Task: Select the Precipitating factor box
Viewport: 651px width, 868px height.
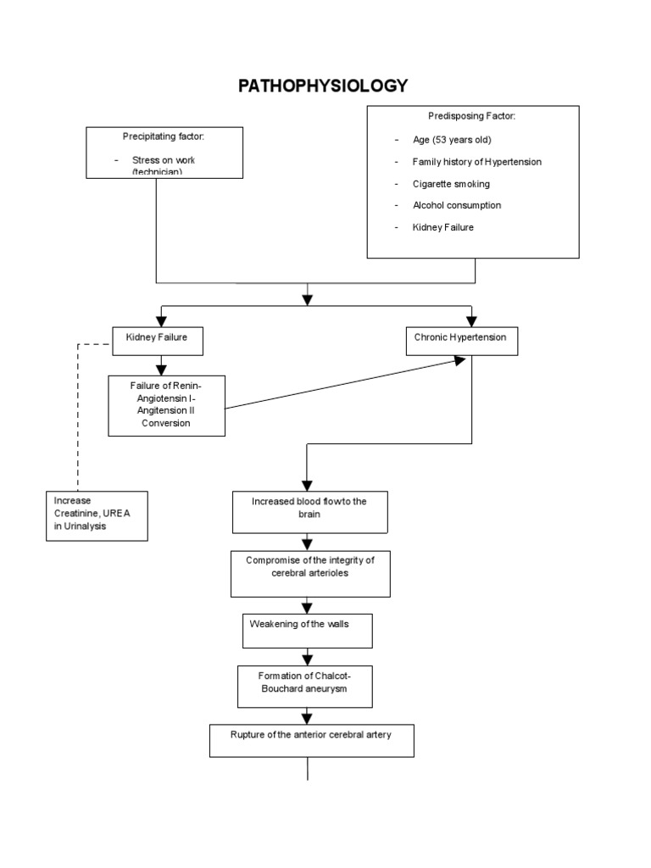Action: tap(164, 153)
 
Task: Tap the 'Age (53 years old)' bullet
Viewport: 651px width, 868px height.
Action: tap(452, 140)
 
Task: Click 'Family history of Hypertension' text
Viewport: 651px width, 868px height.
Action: tap(476, 162)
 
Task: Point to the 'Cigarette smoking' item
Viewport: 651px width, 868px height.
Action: tap(451, 184)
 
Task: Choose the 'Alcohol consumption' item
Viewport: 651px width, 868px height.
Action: tap(456, 205)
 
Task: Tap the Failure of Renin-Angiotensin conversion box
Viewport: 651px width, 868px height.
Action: tap(167, 405)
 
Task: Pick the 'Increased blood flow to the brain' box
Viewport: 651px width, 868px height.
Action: tap(309, 512)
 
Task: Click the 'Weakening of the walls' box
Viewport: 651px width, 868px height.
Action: tap(307, 630)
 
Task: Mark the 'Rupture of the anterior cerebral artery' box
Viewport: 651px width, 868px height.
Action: tap(311, 739)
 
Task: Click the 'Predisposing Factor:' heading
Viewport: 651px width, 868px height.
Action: tap(471, 115)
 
